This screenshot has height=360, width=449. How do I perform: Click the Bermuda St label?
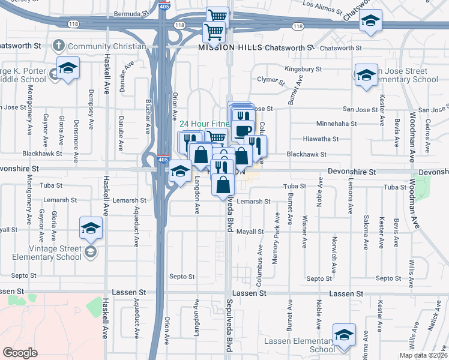click(x=134, y=13)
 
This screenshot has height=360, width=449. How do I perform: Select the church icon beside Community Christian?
click(x=58, y=46)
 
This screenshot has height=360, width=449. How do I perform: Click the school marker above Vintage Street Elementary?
click(x=91, y=228)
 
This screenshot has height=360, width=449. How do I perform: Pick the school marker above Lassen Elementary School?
click(x=344, y=335)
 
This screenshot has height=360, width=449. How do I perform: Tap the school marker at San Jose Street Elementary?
click(x=366, y=76)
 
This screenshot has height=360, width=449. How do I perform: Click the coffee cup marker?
click(x=244, y=130)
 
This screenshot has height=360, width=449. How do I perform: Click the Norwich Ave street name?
click(x=334, y=248)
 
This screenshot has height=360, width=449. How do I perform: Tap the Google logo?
click(x=20, y=352)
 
